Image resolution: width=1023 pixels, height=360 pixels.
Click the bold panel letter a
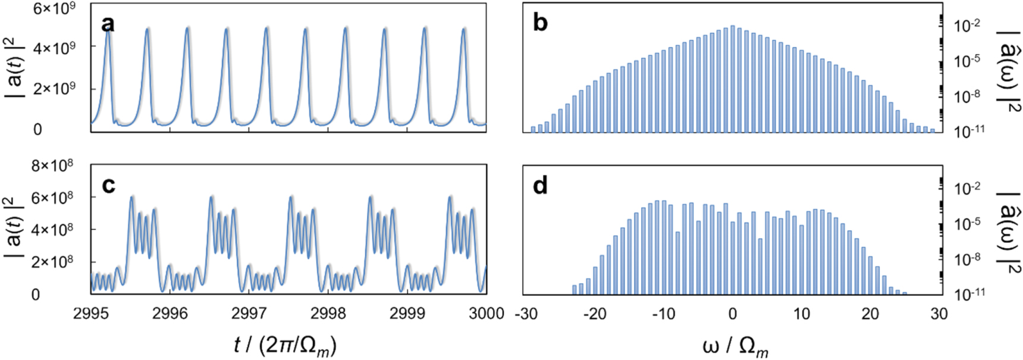click(x=108, y=24)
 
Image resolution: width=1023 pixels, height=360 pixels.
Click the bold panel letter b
click(x=540, y=23)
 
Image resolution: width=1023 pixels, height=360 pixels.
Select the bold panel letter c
click(x=108, y=186)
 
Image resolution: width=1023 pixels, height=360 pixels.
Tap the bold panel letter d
click(x=540, y=186)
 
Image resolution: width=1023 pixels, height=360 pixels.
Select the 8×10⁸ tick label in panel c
click(x=52, y=165)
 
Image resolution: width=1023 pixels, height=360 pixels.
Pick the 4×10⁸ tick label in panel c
click(x=52, y=229)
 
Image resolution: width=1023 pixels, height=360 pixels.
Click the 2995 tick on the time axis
click(x=90, y=313)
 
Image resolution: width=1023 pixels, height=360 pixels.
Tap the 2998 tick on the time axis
click(x=328, y=313)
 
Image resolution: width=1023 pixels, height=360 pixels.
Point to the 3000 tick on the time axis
click(x=486, y=313)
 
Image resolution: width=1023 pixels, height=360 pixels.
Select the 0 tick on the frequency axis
click(x=733, y=313)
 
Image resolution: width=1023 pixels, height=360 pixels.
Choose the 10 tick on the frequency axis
click(x=801, y=313)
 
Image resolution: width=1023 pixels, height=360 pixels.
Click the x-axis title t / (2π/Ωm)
click(x=285, y=345)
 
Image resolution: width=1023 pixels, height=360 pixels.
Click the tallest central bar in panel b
click(x=733, y=77)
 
